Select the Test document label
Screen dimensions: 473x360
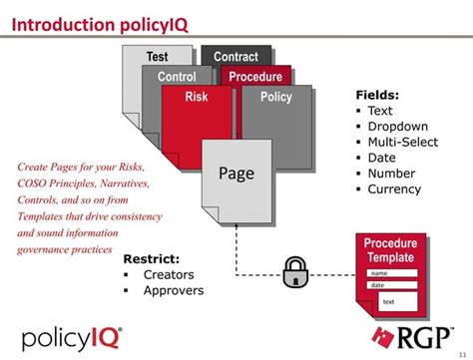point(157,57)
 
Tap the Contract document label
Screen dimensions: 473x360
point(236,57)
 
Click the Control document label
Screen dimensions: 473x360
point(177,77)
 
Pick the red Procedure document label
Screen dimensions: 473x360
point(255,77)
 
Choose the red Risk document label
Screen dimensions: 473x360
point(197,97)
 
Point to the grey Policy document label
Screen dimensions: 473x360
point(275,97)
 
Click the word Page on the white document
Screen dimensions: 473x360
point(236,175)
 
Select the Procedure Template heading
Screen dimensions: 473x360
point(389,250)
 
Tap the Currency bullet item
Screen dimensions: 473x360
point(394,188)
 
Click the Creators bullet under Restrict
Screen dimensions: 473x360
point(169,274)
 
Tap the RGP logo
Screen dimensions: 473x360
point(412,337)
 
